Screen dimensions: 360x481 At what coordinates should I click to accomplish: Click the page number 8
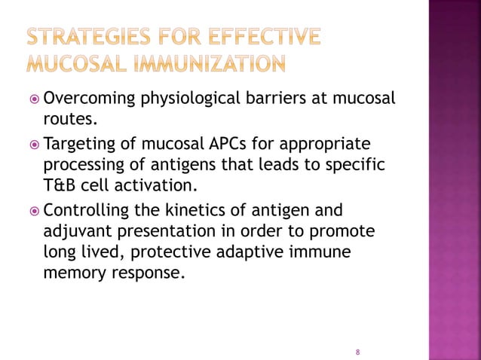pos(357,352)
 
